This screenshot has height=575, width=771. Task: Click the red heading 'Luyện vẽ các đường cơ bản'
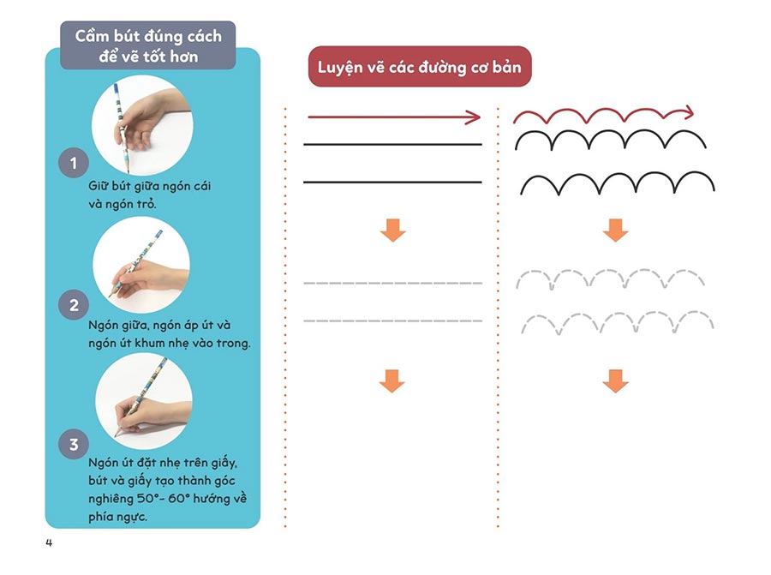coord(420,67)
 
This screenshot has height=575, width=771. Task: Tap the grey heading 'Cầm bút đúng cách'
coord(148,36)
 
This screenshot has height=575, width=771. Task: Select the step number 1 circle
coord(74,163)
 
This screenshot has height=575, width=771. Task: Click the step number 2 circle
coord(74,305)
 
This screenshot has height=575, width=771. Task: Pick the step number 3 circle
coord(74,445)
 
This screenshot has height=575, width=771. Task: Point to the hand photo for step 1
coord(141,123)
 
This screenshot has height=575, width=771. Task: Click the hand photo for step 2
coord(141,264)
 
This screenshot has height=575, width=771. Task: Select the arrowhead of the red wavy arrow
coord(687,111)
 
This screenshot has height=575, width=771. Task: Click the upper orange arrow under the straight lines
coord(392,229)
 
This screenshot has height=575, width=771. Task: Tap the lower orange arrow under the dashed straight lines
coord(391,380)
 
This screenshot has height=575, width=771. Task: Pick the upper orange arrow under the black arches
coord(615,229)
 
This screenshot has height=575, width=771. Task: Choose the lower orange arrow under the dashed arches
coord(615,380)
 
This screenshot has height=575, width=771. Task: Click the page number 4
coord(49,542)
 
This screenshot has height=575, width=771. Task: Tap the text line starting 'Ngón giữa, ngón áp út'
coord(158,326)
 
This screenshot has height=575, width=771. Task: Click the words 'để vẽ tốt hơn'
coord(148,56)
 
